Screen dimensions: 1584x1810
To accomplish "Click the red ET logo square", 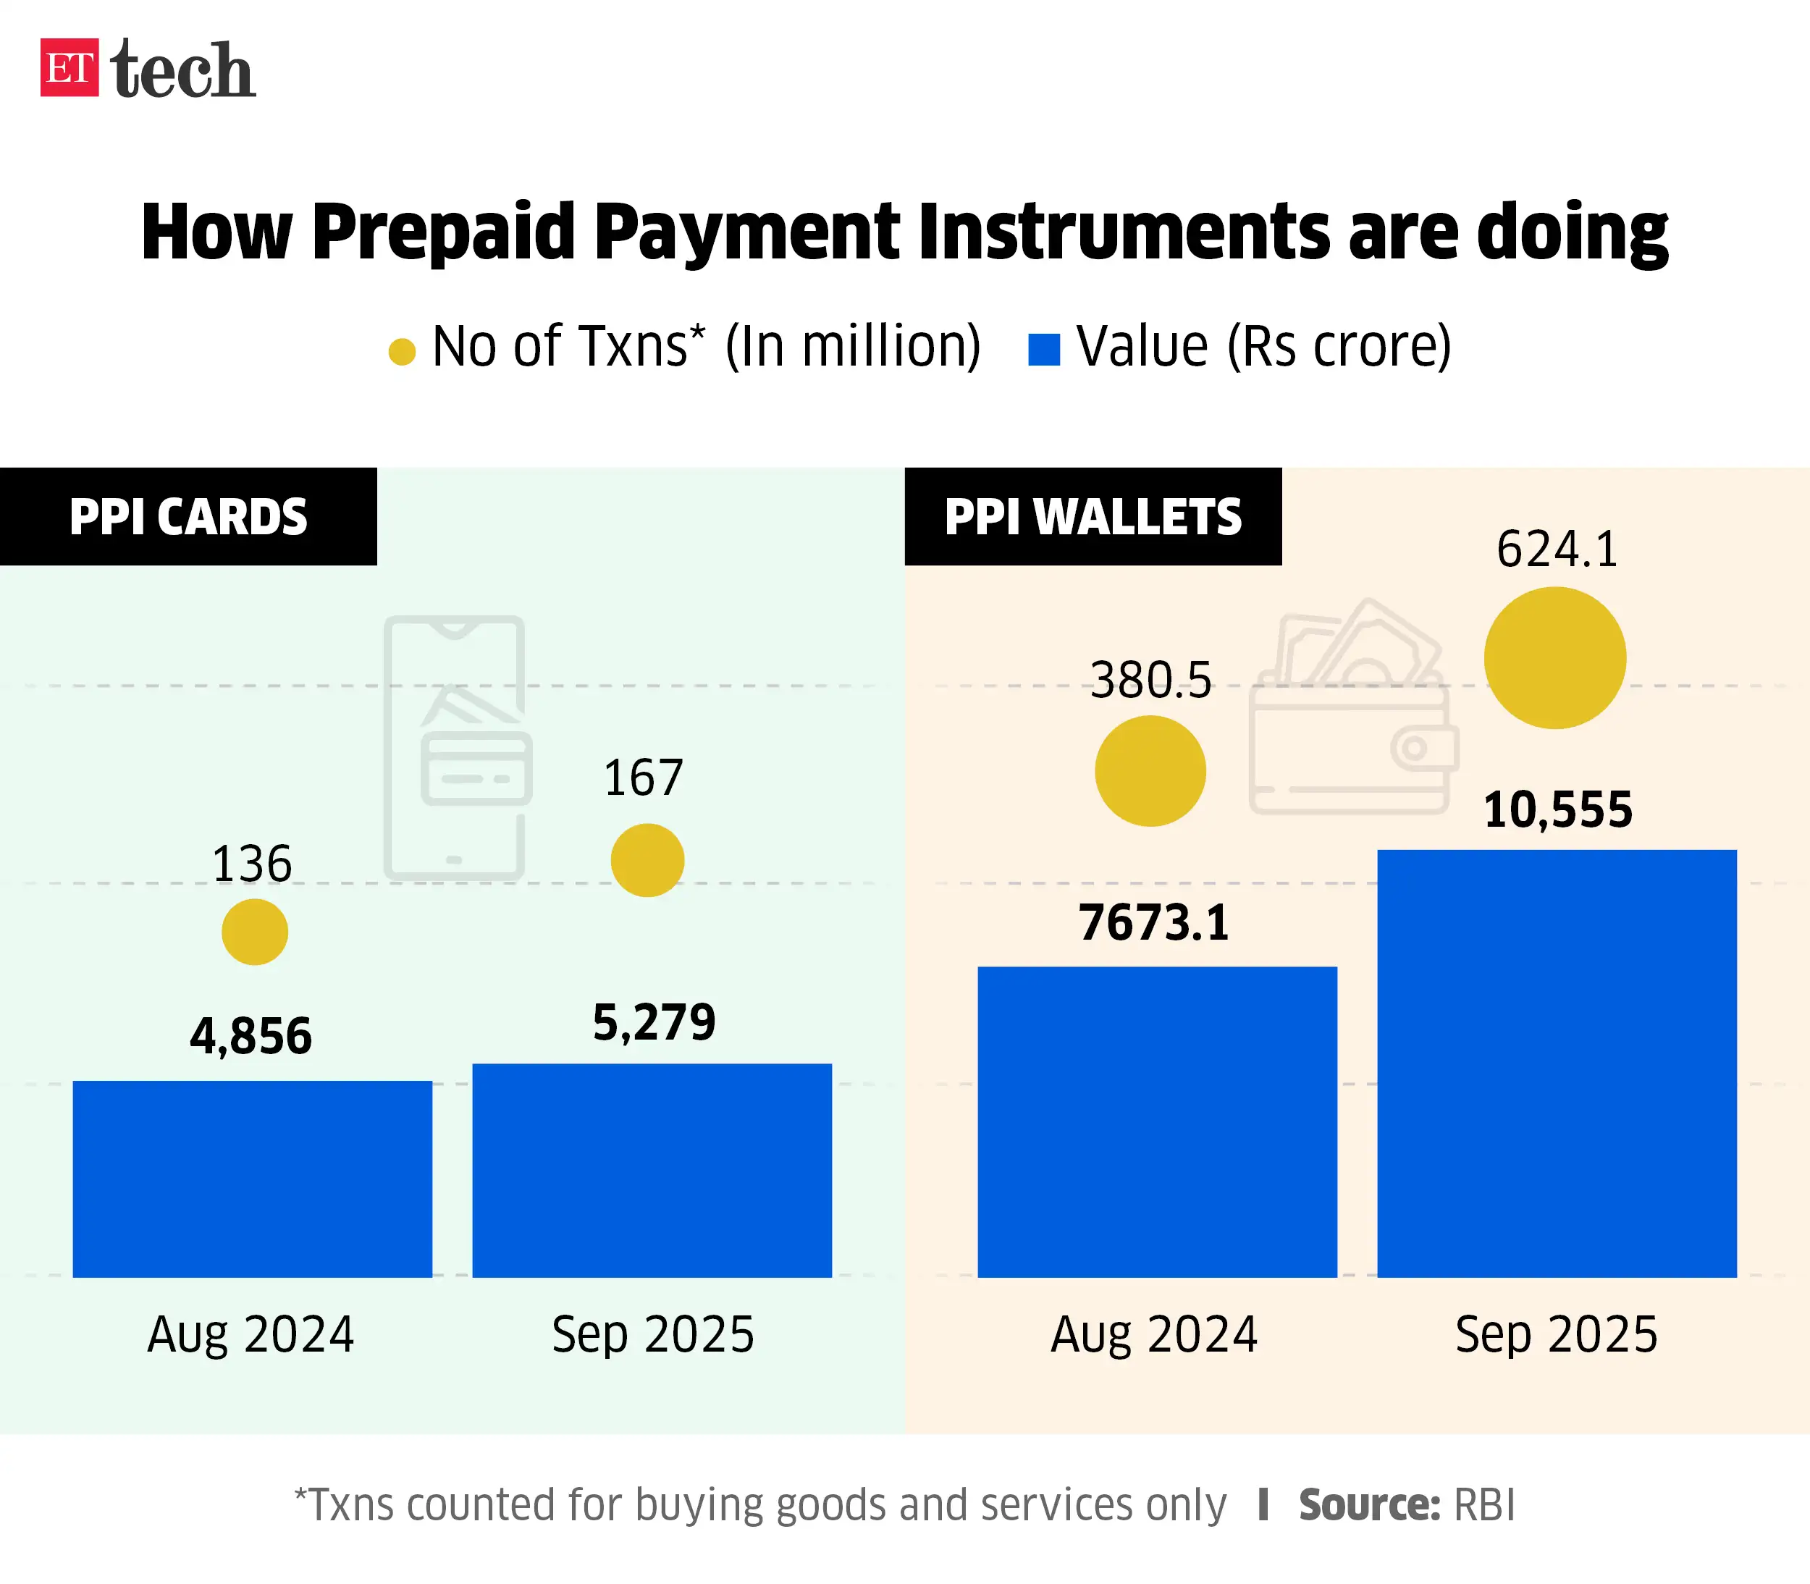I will point(69,67).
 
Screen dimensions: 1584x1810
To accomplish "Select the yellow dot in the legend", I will point(402,351).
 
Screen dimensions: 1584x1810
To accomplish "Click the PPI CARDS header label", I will point(188,516).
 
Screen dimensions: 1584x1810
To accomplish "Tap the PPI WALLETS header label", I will point(1093,516).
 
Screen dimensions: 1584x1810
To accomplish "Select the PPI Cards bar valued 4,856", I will point(252,1179).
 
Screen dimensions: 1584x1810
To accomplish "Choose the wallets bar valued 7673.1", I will point(1157,1121).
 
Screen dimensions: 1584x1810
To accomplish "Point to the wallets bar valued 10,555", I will point(1557,1063).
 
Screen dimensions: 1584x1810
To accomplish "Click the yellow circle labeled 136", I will point(255,932).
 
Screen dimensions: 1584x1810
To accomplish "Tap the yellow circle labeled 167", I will point(647,860).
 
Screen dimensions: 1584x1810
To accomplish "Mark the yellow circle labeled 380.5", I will point(1150,771).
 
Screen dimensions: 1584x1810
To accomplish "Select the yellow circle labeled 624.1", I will point(1554,657).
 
